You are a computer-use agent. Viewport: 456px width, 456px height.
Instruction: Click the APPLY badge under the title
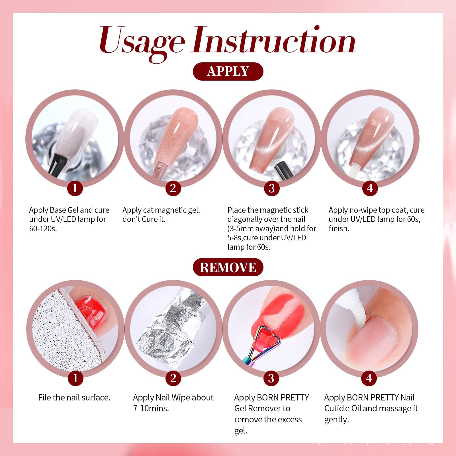[228, 71]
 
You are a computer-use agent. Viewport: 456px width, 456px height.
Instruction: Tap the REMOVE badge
[228, 267]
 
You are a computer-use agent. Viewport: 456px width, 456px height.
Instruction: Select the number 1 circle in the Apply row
[75, 188]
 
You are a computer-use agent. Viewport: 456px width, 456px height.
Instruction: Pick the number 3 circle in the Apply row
[271, 188]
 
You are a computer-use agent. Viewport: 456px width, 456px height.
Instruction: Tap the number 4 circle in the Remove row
[369, 378]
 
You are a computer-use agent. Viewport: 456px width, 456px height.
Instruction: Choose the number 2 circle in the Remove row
[173, 378]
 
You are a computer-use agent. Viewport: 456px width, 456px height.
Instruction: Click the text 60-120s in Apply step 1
[43, 229]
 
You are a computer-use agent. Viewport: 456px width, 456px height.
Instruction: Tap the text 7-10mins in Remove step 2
[151, 408]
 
